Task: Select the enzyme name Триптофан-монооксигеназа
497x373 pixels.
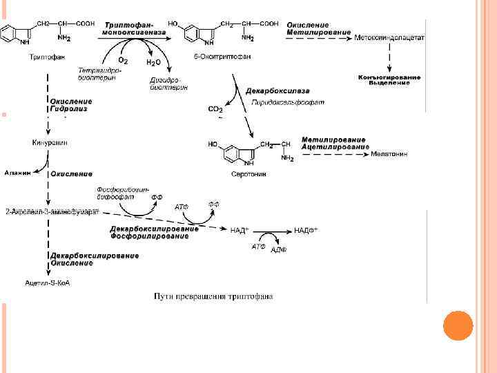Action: click(x=130, y=28)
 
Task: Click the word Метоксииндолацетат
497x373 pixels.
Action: click(x=389, y=36)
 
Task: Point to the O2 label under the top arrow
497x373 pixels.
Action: click(x=123, y=61)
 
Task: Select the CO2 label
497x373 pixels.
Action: click(x=215, y=108)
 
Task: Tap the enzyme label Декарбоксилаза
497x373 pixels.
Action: click(x=277, y=91)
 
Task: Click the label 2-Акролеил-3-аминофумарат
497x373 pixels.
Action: click(x=52, y=210)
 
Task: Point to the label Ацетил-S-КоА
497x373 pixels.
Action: click(x=48, y=283)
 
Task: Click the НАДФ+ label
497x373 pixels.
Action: click(x=306, y=230)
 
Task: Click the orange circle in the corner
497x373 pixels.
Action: click(x=457, y=326)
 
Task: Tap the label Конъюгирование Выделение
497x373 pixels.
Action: click(x=389, y=80)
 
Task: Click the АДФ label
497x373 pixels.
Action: click(x=279, y=249)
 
